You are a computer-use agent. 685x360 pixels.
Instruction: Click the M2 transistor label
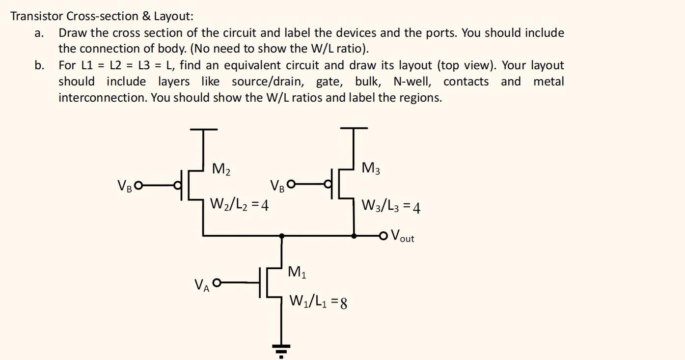click(x=221, y=170)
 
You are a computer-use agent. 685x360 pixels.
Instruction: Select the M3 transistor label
click(x=371, y=168)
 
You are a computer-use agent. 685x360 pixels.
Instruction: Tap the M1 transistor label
click(x=297, y=272)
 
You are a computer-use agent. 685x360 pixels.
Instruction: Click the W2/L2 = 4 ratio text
click(x=239, y=203)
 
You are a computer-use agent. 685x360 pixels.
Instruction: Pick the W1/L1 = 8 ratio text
click(x=318, y=301)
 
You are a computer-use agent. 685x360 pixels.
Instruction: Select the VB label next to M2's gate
click(x=124, y=186)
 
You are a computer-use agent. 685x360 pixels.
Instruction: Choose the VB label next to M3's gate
click(x=277, y=186)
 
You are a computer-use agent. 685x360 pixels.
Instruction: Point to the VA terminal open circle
click(x=216, y=282)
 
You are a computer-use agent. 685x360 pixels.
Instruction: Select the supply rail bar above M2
click(x=204, y=130)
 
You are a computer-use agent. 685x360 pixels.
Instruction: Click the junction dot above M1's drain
click(x=281, y=236)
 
